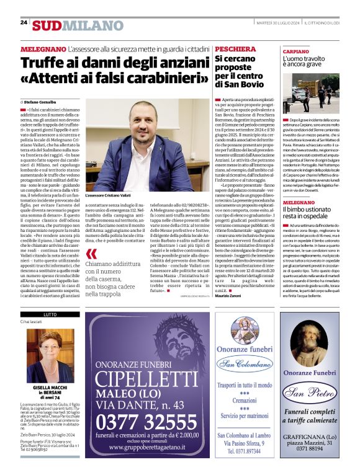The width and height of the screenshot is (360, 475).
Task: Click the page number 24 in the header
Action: pos(24,22)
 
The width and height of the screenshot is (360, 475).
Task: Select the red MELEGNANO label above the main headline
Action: pos(43,48)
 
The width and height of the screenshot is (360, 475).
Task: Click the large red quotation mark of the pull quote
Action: pos(91,254)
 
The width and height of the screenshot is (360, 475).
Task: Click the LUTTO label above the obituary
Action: pos(30,315)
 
